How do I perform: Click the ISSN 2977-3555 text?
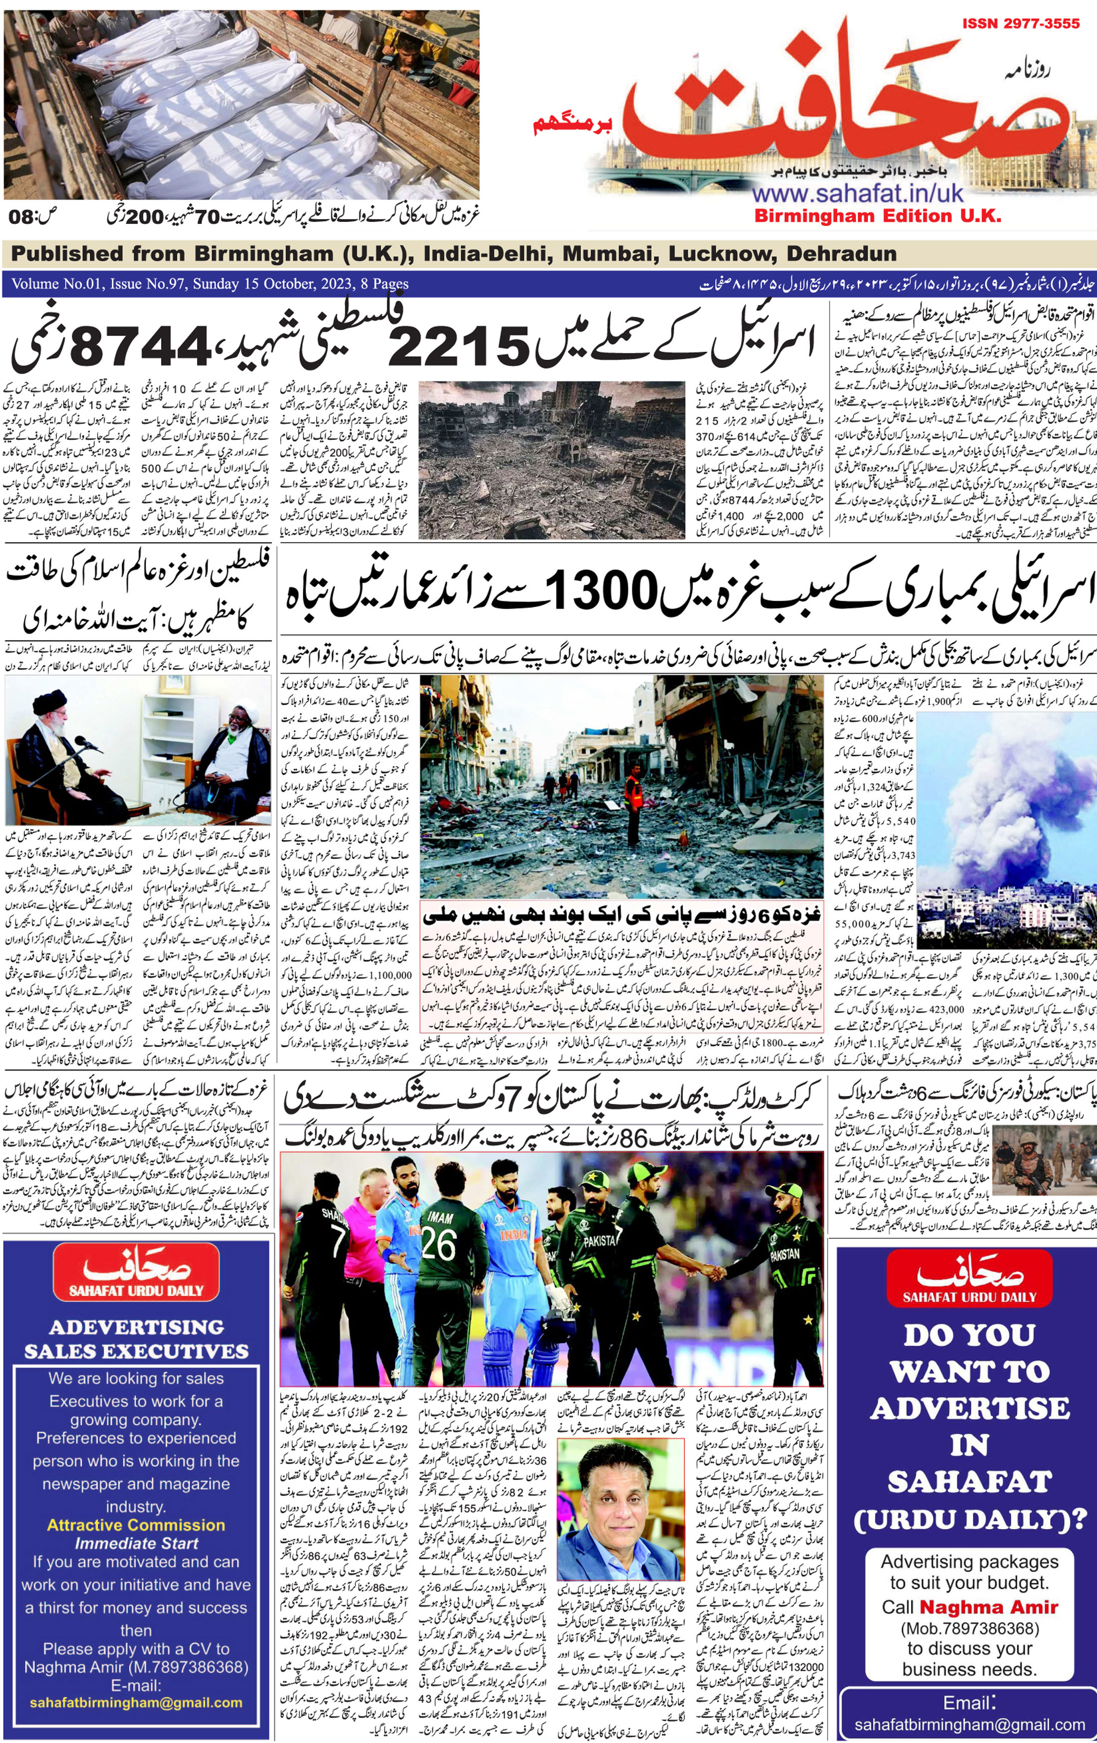(x=1020, y=24)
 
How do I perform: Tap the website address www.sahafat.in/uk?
(x=858, y=193)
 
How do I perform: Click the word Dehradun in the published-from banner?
(x=842, y=253)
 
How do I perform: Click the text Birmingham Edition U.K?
(x=877, y=216)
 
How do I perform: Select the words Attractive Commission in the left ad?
(x=136, y=1525)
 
